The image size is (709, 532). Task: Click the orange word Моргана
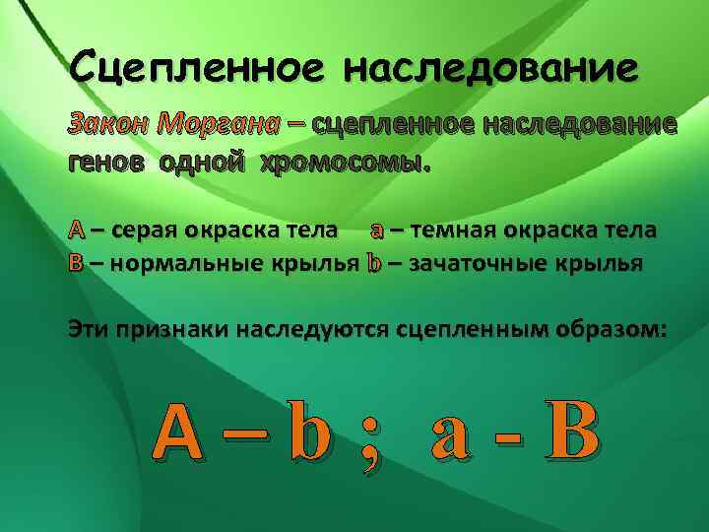point(221,124)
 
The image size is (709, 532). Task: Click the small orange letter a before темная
point(377,232)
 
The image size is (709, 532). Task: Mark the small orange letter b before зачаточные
point(373,263)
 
